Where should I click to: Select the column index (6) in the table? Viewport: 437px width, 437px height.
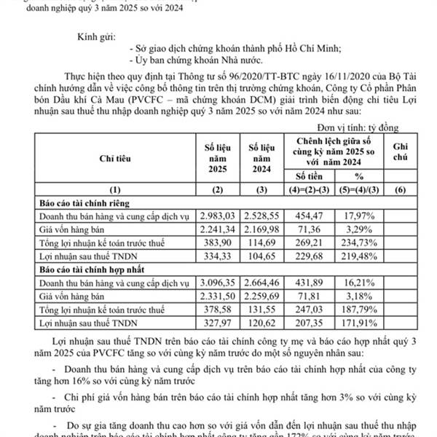[x=415, y=190]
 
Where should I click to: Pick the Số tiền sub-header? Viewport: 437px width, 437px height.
[x=311, y=176]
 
